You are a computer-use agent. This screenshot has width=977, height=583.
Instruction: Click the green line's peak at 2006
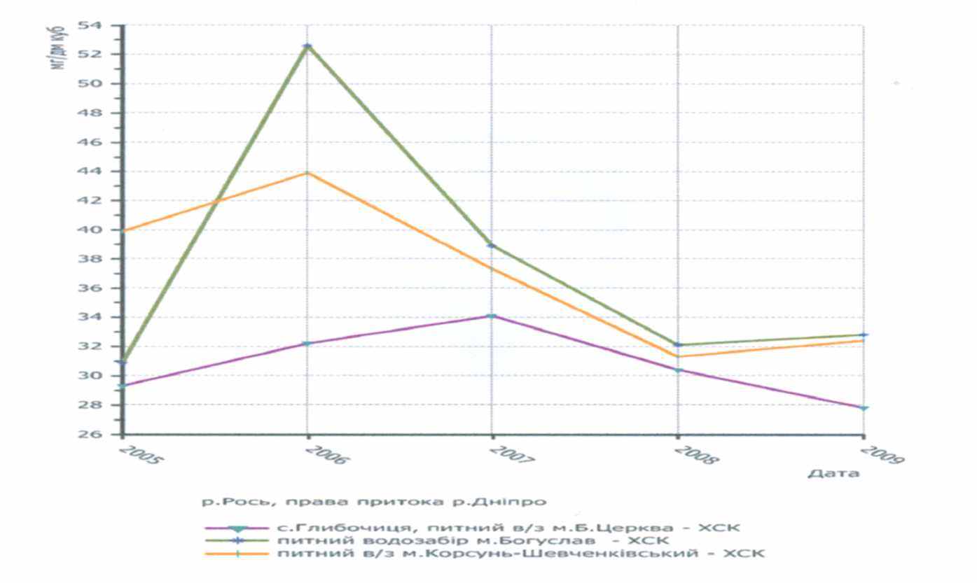(x=307, y=46)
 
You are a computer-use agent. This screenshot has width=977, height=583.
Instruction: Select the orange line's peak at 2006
(x=307, y=173)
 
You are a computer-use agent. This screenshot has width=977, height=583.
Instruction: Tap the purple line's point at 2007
(x=492, y=316)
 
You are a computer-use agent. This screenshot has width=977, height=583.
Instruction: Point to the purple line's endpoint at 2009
(x=864, y=407)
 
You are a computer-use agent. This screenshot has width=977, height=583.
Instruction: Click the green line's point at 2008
(x=678, y=344)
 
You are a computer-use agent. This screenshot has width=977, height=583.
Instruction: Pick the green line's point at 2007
(x=492, y=245)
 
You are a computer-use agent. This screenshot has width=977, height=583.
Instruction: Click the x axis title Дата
(x=833, y=474)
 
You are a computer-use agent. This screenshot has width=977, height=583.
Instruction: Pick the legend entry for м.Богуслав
(x=473, y=540)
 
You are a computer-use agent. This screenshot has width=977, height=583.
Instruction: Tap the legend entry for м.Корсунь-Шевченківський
(x=520, y=554)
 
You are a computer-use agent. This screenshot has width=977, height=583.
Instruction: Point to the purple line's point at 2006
(x=307, y=343)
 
